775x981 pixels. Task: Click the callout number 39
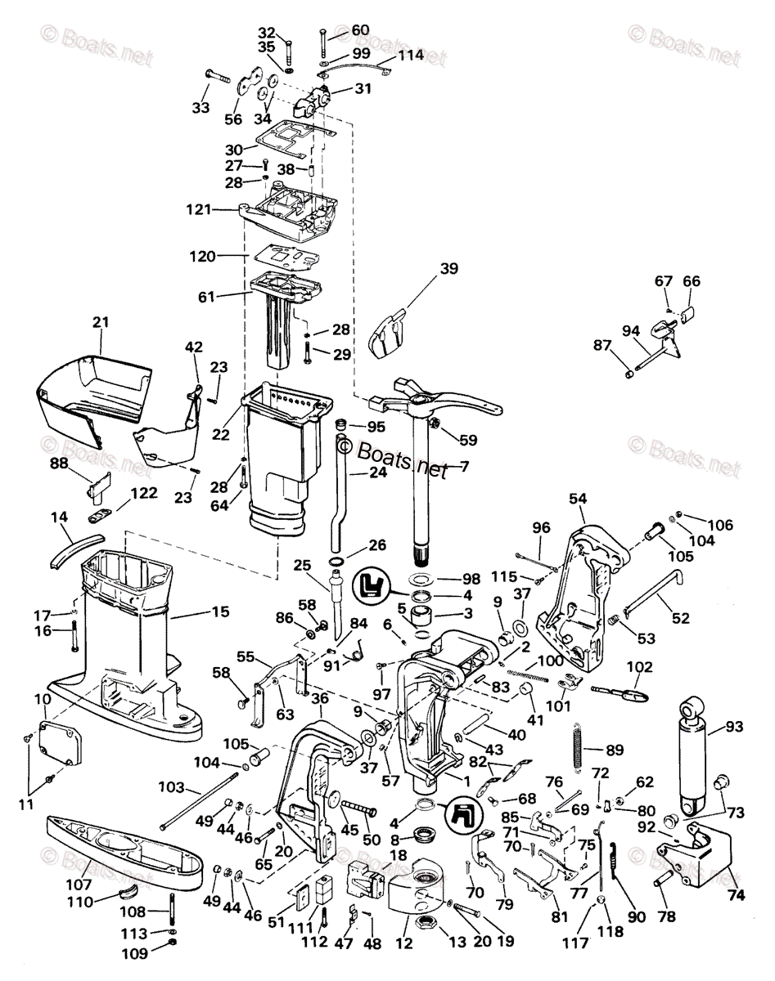pos(449,269)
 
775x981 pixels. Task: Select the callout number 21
pos(100,323)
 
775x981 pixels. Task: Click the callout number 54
pos(578,498)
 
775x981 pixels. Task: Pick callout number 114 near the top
pos(411,55)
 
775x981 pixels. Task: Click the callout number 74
pos(736,895)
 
